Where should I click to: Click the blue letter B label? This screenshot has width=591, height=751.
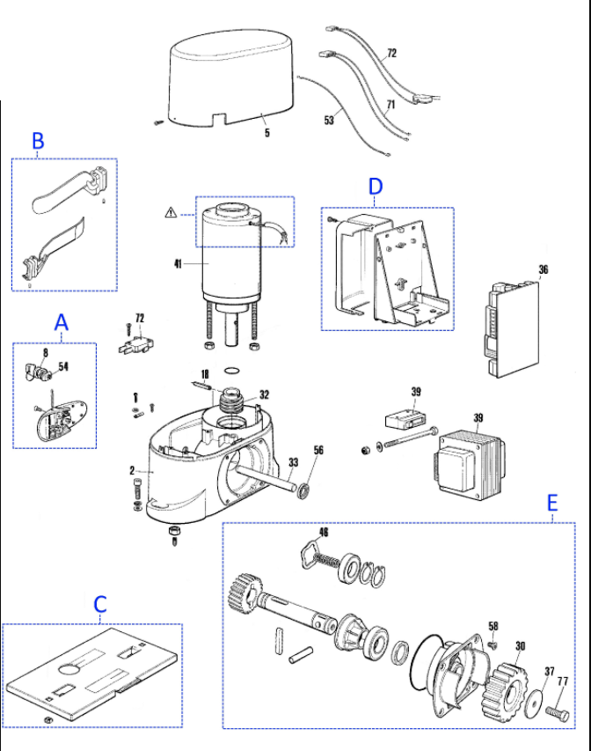click(38, 141)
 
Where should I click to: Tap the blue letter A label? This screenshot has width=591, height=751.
click(61, 322)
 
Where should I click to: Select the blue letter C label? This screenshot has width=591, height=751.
click(100, 604)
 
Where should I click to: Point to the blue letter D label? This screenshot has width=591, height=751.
click(376, 187)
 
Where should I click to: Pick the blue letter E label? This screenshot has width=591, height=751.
click(552, 504)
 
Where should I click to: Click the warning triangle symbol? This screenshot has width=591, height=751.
click(171, 212)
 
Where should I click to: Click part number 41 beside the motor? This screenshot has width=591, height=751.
click(178, 263)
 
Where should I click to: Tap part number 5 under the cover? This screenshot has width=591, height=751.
click(267, 132)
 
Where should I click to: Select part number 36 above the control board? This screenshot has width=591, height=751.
click(544, 269)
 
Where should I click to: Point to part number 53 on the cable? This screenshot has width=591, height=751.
click(329, 120)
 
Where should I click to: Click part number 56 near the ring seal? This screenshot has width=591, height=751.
click(318, 450)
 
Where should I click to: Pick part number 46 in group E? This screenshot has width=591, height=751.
click(324, 532)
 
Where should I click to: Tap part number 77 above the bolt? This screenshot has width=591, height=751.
click(563, 681)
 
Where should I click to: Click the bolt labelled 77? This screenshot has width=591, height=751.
click(558, 713)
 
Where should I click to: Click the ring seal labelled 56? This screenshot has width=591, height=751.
click(303, 491)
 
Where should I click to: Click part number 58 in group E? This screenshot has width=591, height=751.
click(493, 626)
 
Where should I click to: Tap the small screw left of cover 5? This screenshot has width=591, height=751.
click(159, 123)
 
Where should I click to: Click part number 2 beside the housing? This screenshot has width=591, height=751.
click(132, 470)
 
